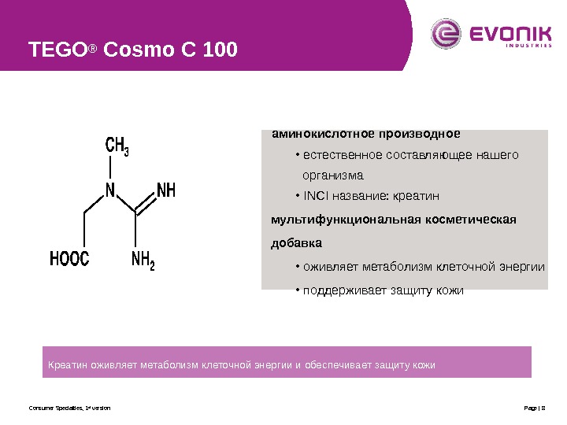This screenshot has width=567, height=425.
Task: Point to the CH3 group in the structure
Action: [117, 146]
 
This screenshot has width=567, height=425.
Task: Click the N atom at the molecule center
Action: [110, 190]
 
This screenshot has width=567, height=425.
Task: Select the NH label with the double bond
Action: [166, 190]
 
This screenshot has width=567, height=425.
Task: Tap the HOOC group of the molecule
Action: [69, 259]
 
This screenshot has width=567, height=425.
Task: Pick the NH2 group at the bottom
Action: [143, 259]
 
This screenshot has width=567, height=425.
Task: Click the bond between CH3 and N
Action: [111, 168]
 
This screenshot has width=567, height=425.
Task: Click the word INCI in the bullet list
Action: [316, 195]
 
